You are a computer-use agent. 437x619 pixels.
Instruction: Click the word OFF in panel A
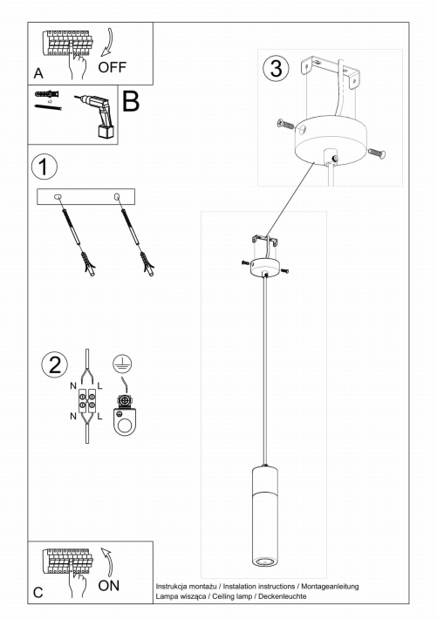[113, 67]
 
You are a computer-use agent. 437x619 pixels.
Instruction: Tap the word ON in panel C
[109, 586]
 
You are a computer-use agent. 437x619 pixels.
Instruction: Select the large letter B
[131, 101]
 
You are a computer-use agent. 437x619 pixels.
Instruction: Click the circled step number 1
[44, 167]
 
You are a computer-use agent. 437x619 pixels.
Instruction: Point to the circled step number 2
[55, 364]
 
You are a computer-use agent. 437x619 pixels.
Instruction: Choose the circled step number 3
[276, 68]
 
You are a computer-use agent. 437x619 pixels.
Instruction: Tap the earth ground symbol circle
[122, 364]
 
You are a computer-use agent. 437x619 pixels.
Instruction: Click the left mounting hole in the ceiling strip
[58, 196]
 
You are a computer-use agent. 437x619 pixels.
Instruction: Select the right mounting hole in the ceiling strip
[117, 196]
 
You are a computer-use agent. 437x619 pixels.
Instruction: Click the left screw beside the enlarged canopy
[286, 124]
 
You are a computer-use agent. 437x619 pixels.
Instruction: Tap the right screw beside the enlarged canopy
[377, 153]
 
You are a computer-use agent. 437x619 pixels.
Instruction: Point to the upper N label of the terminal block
[73, 385]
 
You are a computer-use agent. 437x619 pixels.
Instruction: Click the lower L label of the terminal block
[99, 416]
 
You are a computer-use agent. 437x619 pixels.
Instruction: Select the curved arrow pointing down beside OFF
[108, 42]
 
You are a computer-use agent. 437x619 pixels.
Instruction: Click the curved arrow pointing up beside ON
[107, 561]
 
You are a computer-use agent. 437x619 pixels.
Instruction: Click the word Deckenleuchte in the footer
[283, 596]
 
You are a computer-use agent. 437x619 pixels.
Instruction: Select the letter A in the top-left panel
[38, 73]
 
